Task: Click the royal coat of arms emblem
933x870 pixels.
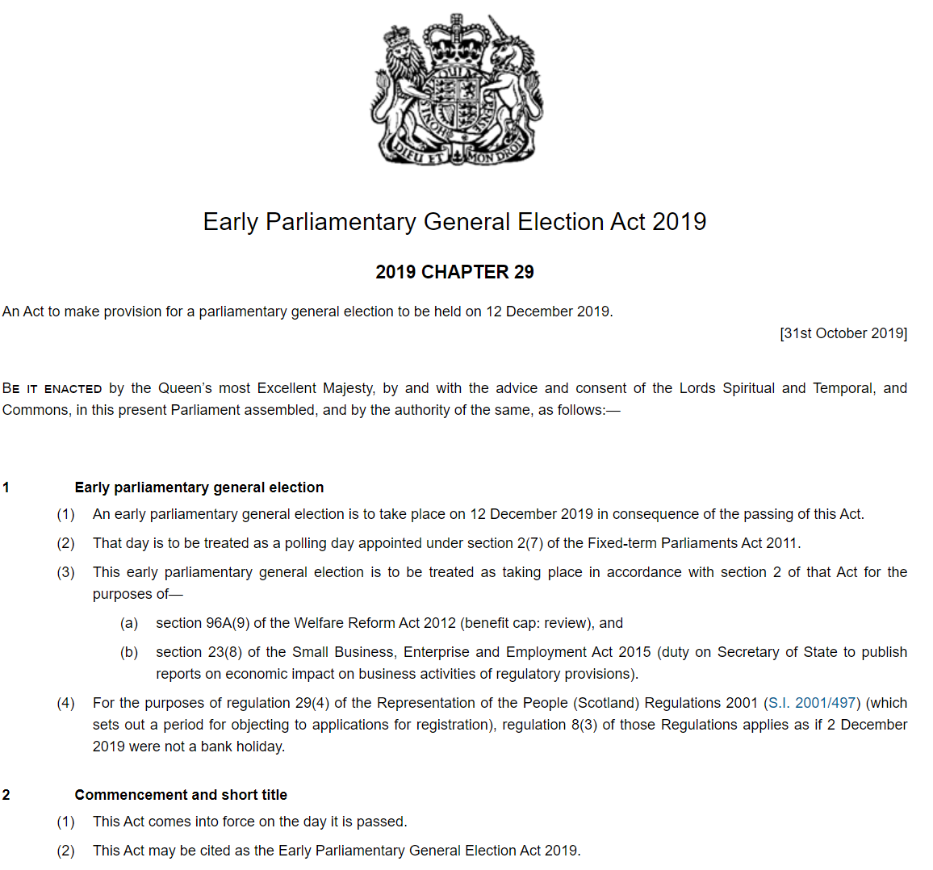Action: click(x=457, y=89)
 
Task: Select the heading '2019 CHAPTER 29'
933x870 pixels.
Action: click(x=454, y=272)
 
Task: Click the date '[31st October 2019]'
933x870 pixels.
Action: click(x=843, y=333)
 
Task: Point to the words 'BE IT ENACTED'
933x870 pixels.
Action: click(x=52, y=388)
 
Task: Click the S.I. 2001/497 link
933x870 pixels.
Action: click(x=813, y=703)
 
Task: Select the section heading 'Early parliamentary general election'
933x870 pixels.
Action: click(x=199, y=487)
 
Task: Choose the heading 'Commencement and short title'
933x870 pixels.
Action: click(x=181, y=795)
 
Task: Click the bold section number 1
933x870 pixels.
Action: click(x=6, y=487)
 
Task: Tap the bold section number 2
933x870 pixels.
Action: click(x=6, y=795)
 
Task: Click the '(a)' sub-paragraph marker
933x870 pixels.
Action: click(x=129, y=623)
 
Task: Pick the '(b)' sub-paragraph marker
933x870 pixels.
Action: click(x=129, y=652)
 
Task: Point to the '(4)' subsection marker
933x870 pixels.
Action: click(x=65, y=703)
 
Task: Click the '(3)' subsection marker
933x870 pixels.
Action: click(x=65, y=572)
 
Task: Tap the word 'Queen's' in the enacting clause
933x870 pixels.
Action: click(x=185, y=388)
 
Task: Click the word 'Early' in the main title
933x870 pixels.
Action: click(x=230, y=222)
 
